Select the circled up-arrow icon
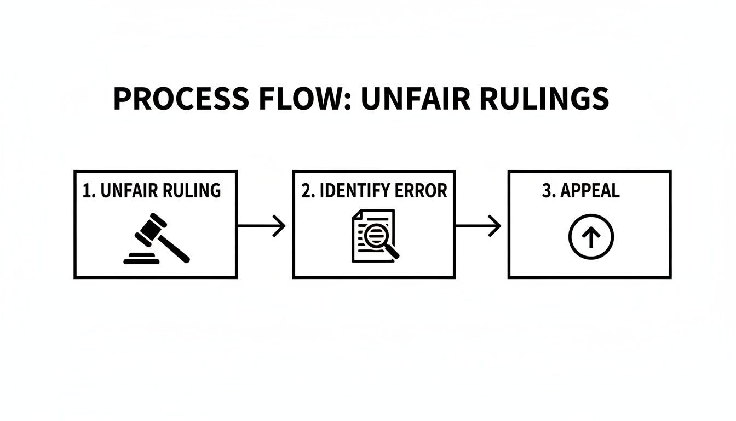tap(591, 237)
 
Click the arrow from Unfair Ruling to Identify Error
tap(261, 226)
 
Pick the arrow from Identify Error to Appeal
tap(478, 226)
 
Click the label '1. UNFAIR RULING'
tap(152, 191)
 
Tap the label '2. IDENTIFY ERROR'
tap(374, 191)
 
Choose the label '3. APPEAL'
tap(580, 191)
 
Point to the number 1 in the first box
tap(86, 191)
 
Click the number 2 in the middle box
tap(306, 191)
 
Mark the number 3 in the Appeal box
tap(545, 191)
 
